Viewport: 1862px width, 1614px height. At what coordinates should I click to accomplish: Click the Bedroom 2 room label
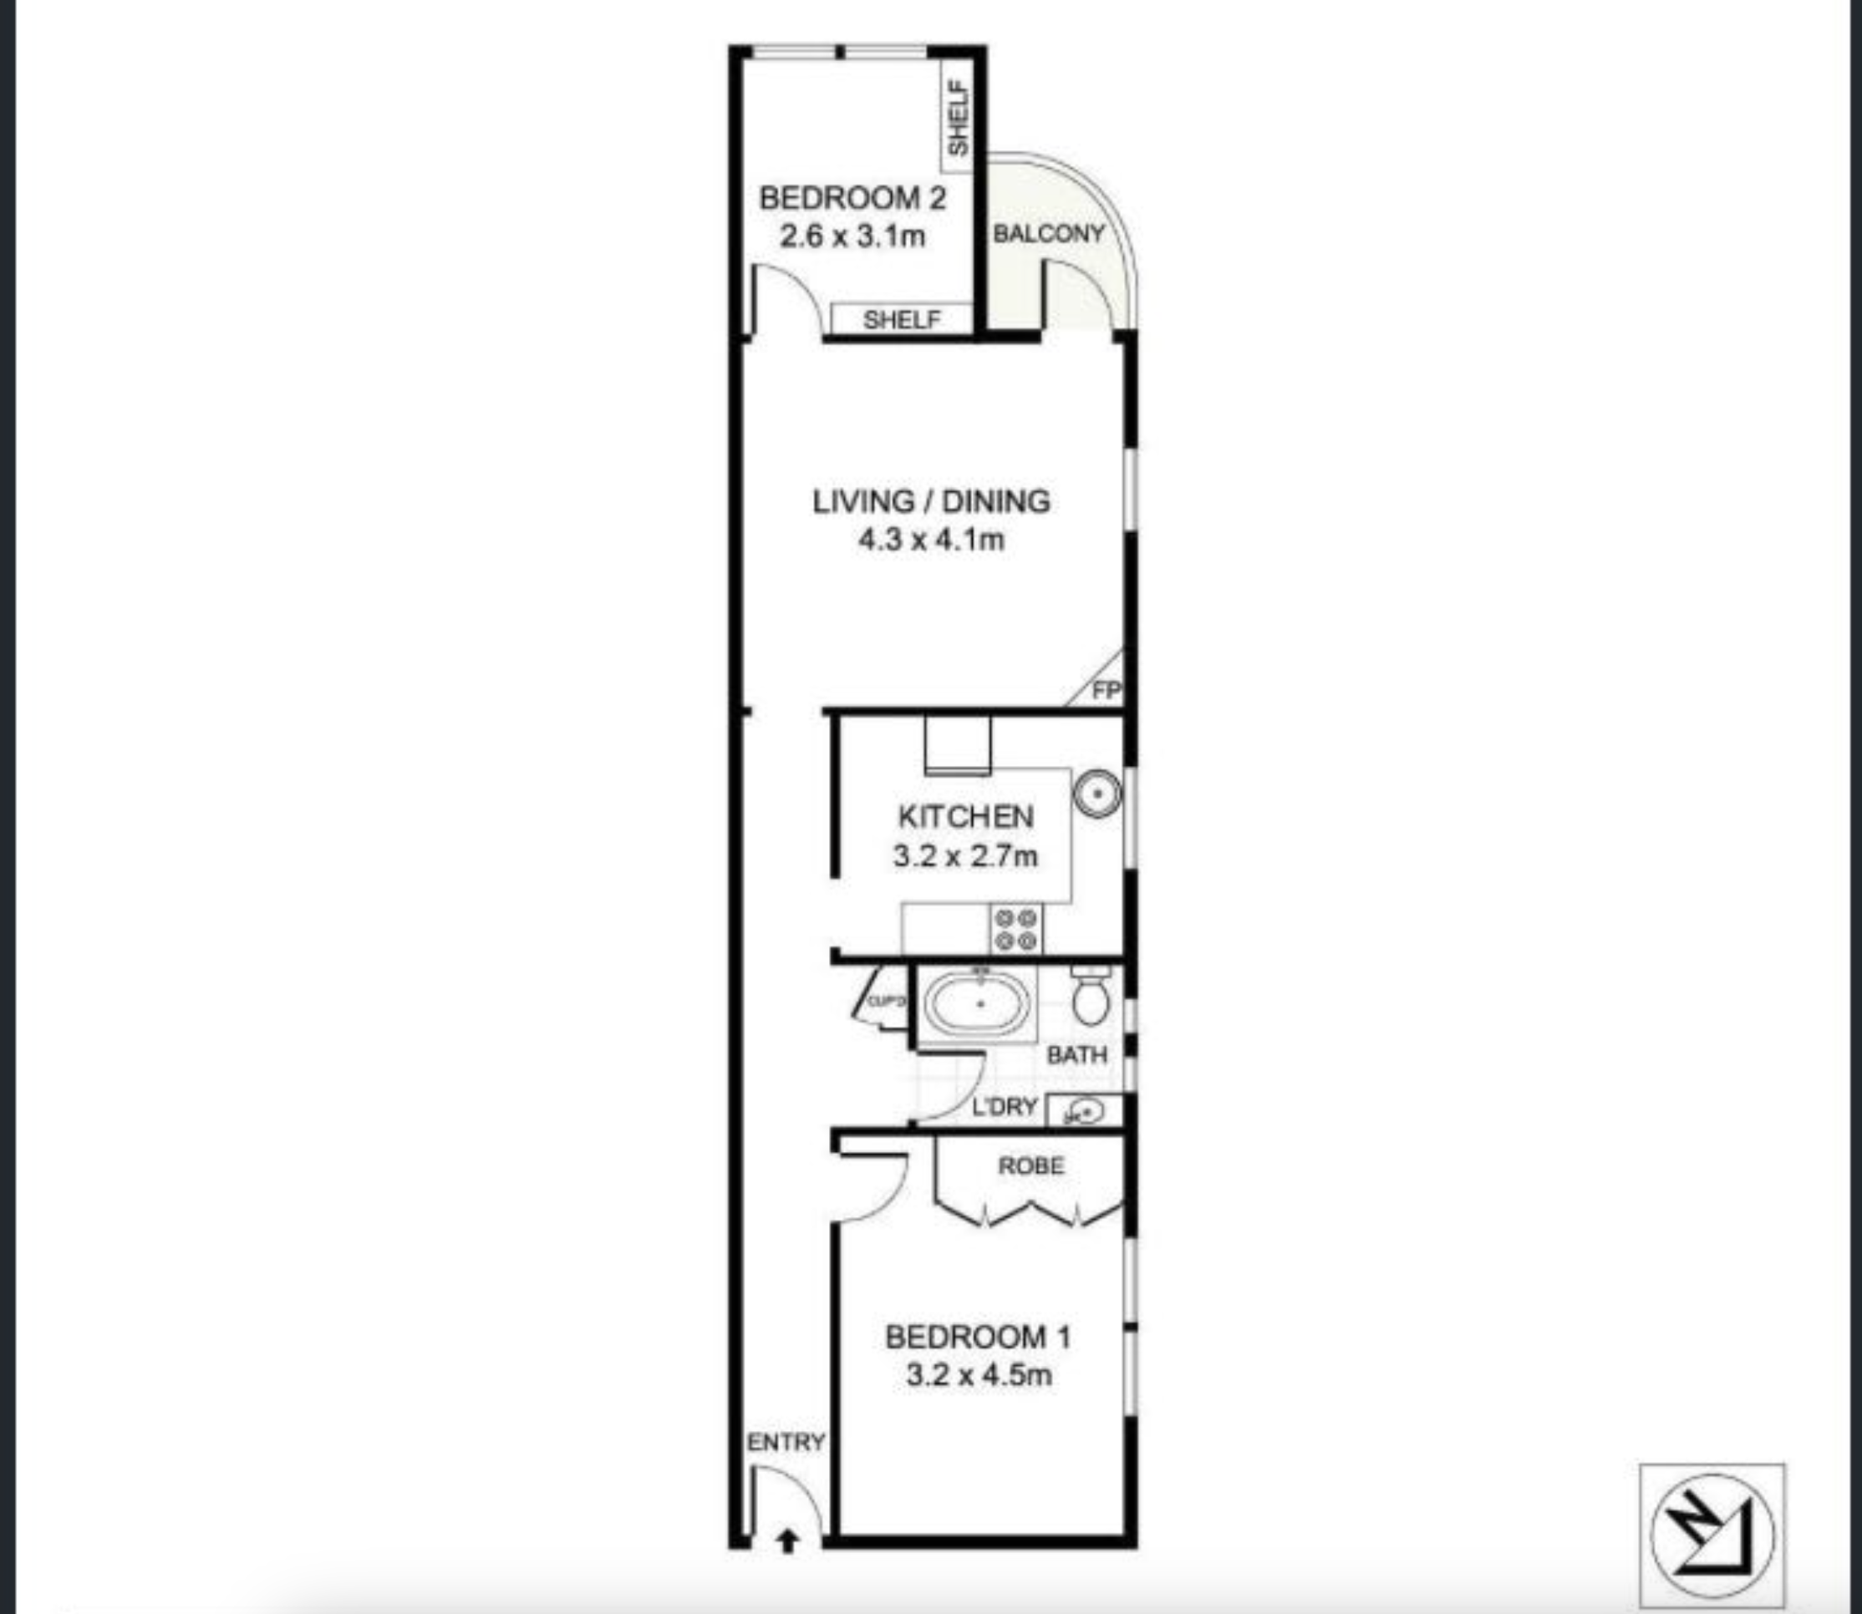point(852,198)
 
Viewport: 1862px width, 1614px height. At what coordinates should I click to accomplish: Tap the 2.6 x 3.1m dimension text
point(852,237)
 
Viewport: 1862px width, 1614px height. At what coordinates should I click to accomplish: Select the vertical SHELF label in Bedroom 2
point(959,118)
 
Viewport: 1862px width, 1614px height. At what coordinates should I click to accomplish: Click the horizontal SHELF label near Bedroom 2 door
point(901,320)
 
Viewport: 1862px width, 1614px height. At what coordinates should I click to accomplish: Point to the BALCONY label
point(1048,234)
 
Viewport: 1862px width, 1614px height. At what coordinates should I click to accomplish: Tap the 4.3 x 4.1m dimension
point(932,541)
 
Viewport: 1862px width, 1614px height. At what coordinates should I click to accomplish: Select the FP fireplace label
point(1106,692)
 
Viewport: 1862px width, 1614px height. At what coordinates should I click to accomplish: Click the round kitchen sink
point(1097,794)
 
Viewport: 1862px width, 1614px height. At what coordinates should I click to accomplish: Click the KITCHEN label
point(965,817)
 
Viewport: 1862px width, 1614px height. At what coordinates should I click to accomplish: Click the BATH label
point(1076,1054)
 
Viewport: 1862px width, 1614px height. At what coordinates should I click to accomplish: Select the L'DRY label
point(1005,1106)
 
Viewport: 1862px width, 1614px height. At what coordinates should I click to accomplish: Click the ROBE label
point(1031,1166)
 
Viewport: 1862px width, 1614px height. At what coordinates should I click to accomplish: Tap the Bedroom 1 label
point(979,1337)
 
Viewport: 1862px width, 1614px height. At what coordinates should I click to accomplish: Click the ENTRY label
point(786,1442)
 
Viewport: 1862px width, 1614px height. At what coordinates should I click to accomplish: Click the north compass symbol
point(1712,1535)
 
